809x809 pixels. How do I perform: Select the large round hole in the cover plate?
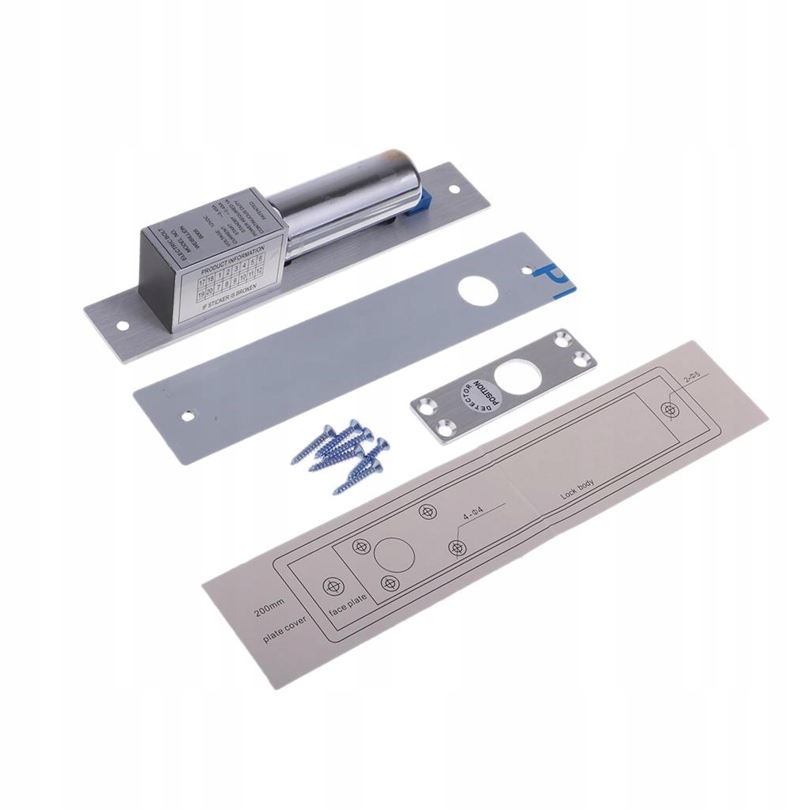coord(481,291)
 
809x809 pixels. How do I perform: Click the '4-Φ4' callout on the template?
coord(477,515)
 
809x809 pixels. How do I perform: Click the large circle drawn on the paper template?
coord(394,554)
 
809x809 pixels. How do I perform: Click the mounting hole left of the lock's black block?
coord(122,325)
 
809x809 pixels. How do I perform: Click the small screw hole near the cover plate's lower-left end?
coord(188,414)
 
